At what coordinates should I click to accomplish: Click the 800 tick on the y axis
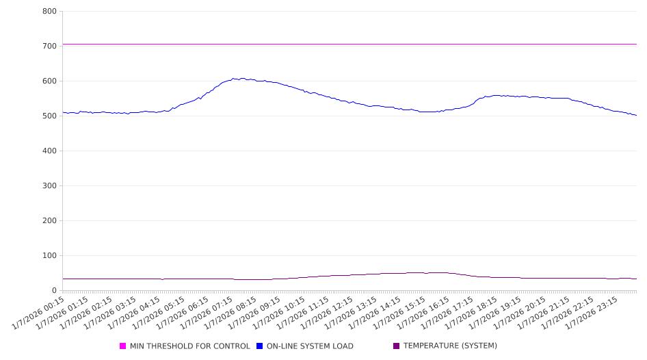[49, 11]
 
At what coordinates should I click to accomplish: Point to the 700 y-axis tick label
[49, 46]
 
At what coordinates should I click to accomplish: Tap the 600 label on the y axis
[49, 81]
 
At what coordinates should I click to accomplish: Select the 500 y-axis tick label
[49, 116]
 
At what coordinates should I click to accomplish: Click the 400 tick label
[49, 151]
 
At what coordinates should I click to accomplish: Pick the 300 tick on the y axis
[49, 185]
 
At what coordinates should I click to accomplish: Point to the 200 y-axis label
[49, 220]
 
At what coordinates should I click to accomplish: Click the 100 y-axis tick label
[49, 255]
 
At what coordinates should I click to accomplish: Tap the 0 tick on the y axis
[54, 290]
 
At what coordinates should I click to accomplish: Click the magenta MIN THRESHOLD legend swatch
[123, 346]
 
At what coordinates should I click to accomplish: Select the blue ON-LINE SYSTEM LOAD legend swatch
[260, 346]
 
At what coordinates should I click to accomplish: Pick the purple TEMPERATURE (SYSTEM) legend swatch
[397, 346]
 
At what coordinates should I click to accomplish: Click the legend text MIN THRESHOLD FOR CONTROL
[190, 346]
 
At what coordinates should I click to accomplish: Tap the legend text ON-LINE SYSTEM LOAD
[310, 346]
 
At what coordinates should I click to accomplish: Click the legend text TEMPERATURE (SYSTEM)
[450, 346]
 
